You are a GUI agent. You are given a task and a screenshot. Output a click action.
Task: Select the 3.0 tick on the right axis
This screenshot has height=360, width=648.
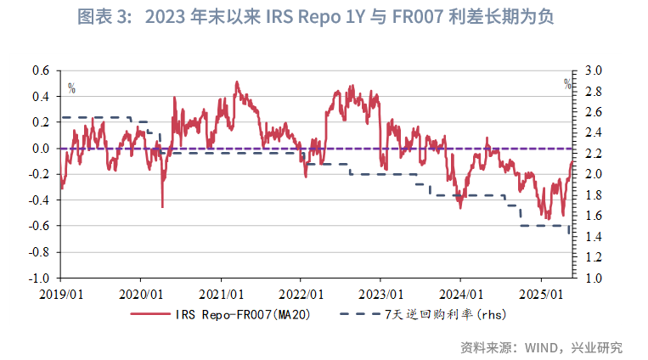(592, 70)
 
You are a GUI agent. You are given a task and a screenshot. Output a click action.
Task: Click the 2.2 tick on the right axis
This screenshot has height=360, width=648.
(592, 154)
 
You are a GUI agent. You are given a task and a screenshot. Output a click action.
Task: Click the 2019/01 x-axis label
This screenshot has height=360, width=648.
(60, 293)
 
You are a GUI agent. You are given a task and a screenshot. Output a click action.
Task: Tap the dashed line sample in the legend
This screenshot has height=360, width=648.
(358, 314)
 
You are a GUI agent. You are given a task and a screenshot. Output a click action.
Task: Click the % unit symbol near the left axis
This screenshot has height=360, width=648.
(71, 87)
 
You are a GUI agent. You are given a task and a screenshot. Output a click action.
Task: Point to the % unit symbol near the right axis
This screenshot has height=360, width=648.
(567, 83)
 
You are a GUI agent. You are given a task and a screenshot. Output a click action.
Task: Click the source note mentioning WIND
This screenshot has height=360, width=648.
(540, 347)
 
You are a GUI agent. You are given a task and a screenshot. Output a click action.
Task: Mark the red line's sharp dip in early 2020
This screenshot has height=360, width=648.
(162, 205)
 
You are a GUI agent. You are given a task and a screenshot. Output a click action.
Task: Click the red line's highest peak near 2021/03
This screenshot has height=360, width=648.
(236, 82)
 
